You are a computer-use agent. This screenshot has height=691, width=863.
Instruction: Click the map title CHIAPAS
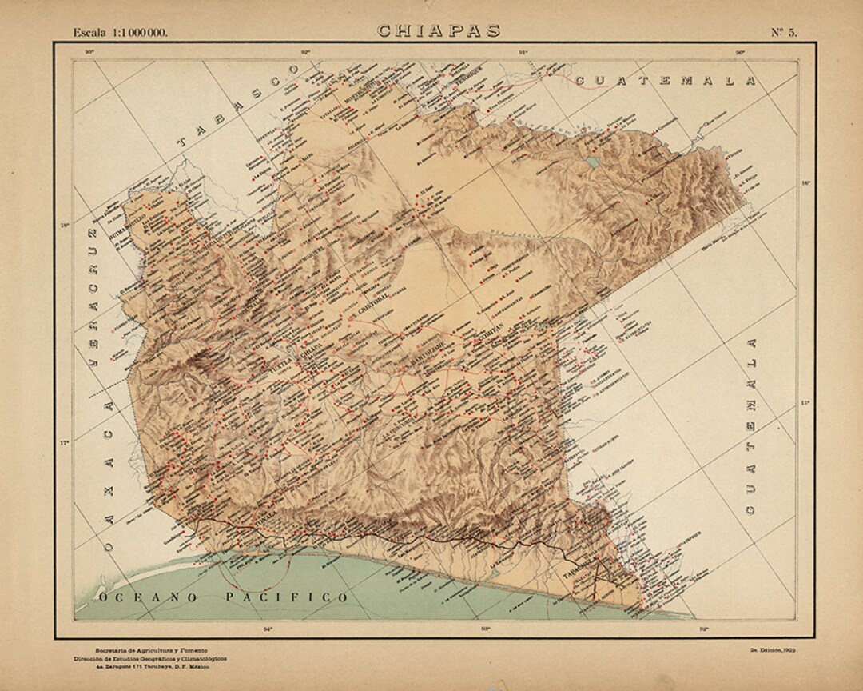(x=439, y=31)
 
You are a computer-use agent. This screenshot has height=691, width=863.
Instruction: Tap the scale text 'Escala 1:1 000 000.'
(x=121, y=32)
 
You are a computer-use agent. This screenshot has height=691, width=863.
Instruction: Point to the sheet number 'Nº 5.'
(x=783, y=32)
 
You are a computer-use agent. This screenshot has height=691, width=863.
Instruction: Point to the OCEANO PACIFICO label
(x=223, y=597)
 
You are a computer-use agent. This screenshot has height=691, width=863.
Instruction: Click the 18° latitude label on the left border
(x=66, y=225)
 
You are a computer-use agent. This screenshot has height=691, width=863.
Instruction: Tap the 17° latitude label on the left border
(x=66, y=441)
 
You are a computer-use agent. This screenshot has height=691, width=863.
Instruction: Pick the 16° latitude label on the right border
(x=805, y=183)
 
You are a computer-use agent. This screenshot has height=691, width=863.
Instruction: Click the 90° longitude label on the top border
(x=740, y=53)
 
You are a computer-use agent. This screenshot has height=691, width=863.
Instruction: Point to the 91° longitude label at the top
(x=523, y=53)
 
